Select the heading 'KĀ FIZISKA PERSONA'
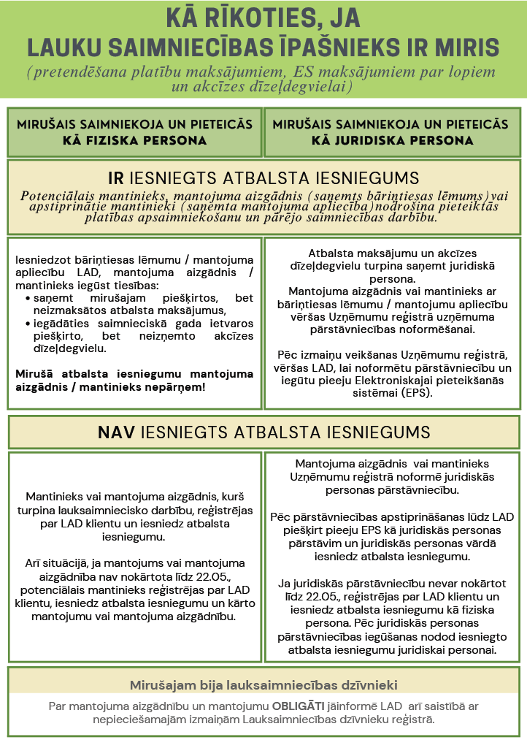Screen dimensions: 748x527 tap(134, 140)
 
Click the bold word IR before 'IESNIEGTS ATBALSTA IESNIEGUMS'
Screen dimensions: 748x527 tap(115, 178)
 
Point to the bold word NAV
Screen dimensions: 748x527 tap(117, 432)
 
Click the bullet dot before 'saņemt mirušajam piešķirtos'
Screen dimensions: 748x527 tap(28, 298)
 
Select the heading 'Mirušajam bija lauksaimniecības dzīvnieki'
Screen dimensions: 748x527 tap(263, 685)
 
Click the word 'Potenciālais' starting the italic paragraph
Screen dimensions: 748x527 tap(58, 196)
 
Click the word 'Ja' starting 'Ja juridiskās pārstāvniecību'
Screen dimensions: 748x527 tap(285, 583)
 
